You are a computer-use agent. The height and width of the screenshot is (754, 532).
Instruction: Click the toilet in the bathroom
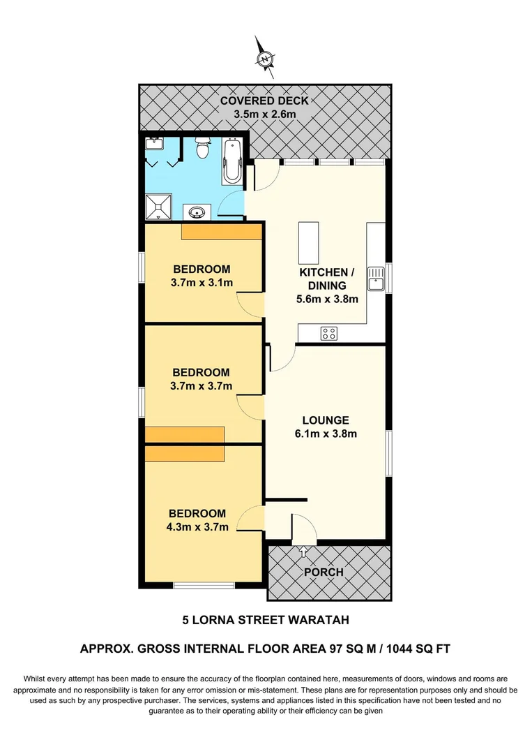click(x=203, y=149)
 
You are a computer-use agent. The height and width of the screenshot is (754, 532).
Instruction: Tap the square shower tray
click(x=158, y=205)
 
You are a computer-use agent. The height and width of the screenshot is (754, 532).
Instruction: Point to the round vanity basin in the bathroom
click(x=195, y=212)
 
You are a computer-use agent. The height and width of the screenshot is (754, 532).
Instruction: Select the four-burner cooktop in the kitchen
click(x=329, y=333)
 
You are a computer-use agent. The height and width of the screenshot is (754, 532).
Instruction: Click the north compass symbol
click(x=265, y=59)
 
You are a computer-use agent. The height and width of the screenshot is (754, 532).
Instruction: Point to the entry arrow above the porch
click(x=304, y=552)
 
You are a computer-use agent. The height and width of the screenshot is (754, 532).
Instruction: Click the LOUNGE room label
click(x=325, y=420)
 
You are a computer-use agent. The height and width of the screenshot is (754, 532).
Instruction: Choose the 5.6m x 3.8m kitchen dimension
click(x=327, y=300)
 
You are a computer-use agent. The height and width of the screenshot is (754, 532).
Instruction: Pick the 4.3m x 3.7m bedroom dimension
click(x=199, y=527)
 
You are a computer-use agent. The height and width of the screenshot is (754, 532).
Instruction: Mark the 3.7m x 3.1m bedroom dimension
click(x=202, y=282)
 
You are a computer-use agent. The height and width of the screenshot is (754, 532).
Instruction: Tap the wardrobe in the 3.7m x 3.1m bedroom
click(x=221, y=232)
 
